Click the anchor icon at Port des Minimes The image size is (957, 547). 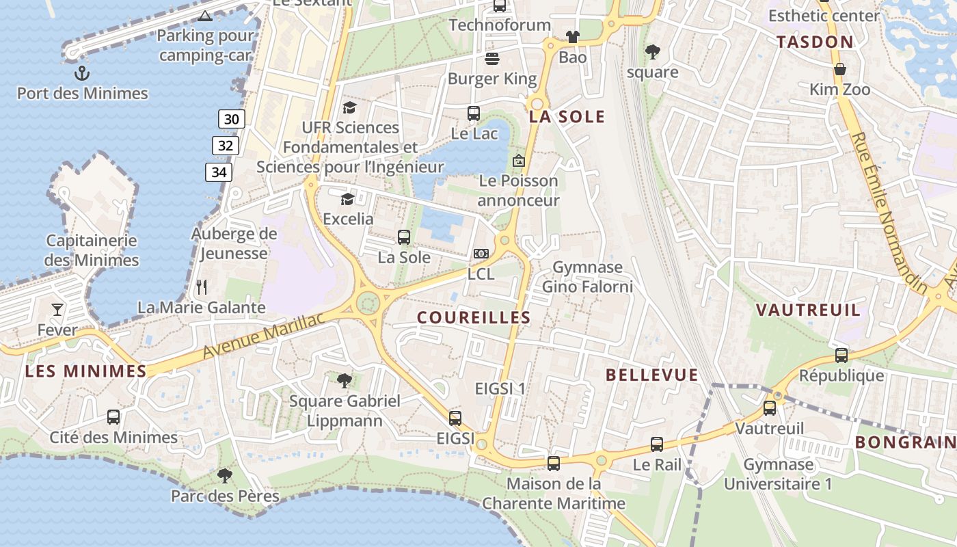click(82, 72)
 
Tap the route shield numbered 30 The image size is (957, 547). click(232, 119)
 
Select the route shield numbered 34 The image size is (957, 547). click(219, 172)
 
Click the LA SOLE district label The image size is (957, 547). click(567, 117)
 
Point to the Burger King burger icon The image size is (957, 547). click(492, 58)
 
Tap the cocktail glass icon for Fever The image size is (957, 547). click(57, 310)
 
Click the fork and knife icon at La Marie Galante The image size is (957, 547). click(202, 286)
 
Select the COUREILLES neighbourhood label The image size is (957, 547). click(474, 317)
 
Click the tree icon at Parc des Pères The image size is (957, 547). click(224, 475)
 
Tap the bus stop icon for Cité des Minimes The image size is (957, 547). click(113, 416)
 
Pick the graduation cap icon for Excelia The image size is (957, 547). click(348, 199)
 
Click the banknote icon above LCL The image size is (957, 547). click(481, 254)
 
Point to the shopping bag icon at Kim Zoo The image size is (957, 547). click(840, 69)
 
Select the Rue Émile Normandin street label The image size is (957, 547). click(888, 211)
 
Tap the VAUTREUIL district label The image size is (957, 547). click(808, 310)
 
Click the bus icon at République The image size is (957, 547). click(841, 356)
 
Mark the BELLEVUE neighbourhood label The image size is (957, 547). click(652, 375)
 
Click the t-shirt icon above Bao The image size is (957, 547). click(572, 37)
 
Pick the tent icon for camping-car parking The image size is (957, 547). click(204, 15)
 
